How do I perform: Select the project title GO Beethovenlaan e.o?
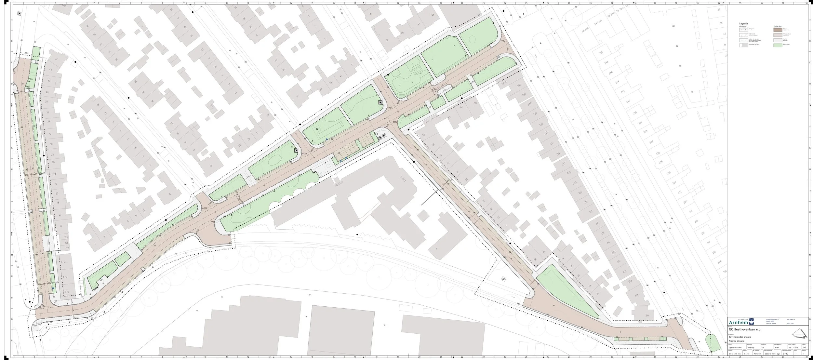tap(745, 329)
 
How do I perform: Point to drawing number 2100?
tap(785, 353)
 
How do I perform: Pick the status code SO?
tap(805, 347)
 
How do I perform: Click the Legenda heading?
tap(743, 24)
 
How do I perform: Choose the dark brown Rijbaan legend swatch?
tap(778, 30)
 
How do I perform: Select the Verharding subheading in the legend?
tap(778, 26)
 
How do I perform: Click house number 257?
tap(519, 86)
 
